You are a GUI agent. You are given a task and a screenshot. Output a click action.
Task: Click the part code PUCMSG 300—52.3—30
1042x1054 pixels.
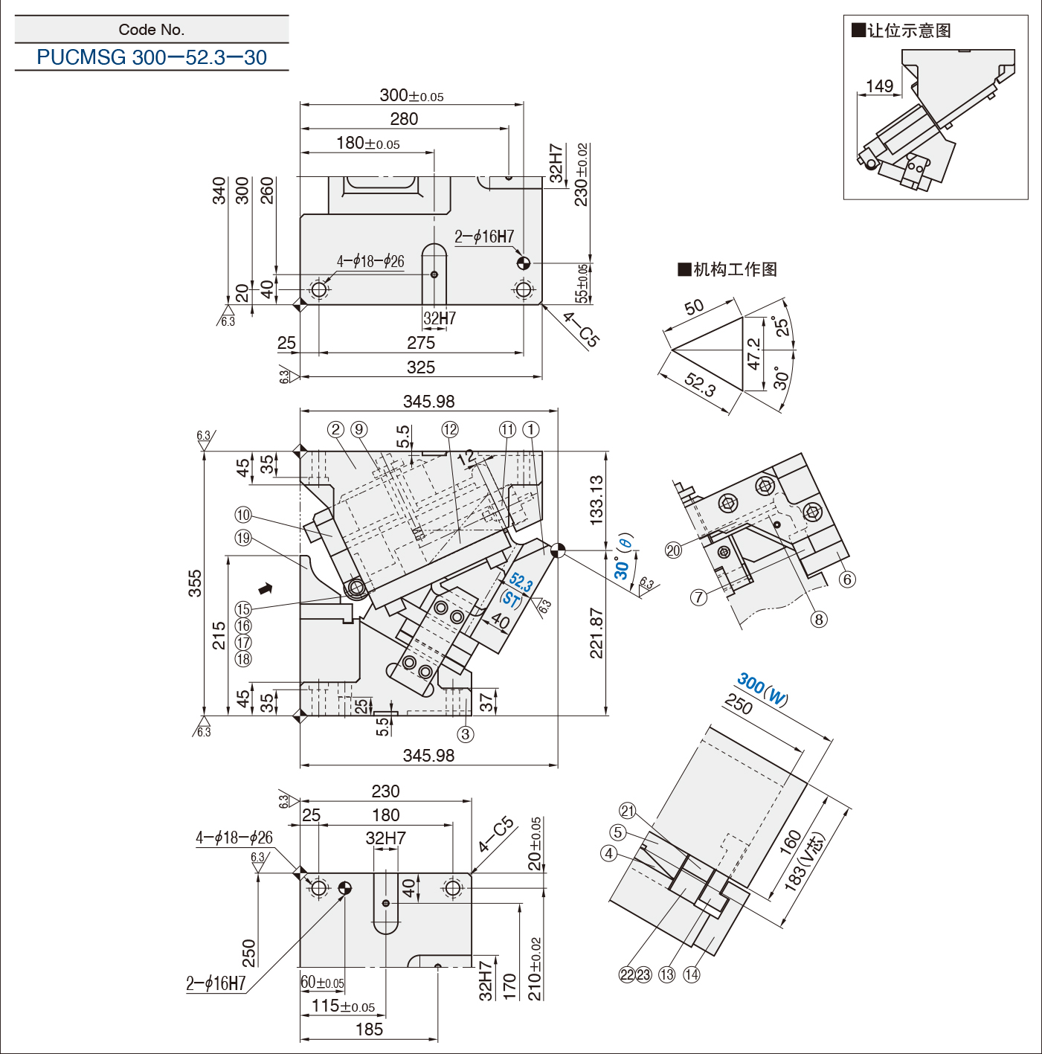[x=152, y=57]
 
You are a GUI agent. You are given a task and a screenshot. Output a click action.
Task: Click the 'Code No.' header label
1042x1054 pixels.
[x=152, y=30]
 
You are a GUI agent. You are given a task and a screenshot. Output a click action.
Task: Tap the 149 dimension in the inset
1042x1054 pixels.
[x=879, y=86]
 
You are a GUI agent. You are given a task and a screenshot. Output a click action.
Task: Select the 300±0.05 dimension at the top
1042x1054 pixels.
[x=411, y=95]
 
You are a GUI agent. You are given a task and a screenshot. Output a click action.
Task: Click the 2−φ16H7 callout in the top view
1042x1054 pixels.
[x=484, y=237]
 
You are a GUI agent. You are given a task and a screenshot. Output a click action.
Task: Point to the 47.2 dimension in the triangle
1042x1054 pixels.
[x=753, y=353]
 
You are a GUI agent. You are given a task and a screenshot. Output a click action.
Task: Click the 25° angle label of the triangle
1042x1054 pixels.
[x=781, y=327]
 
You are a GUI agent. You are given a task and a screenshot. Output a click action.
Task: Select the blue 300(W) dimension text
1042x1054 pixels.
[x=762, y=689]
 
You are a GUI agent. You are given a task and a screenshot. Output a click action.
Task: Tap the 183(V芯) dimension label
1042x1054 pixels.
[x=805, y=861]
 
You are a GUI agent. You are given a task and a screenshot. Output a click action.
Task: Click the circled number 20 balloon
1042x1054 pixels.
[x=673, y=550]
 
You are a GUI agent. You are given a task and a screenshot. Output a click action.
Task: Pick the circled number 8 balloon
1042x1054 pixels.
[x=819, y=620]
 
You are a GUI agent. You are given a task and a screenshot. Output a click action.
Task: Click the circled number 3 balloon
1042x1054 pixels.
[x=466, y=735]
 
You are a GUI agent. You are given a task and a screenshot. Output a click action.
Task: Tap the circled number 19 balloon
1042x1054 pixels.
[x=243, y=538]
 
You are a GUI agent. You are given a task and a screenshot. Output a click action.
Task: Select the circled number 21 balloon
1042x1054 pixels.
[x=628, y=812]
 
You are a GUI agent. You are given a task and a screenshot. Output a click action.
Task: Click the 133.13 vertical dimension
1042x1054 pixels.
[x=596, y=501]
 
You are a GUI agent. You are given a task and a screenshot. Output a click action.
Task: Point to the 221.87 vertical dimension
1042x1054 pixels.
[x=596, y=633]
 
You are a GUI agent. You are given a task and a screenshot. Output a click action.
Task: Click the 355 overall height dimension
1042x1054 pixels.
[x=195, y=583]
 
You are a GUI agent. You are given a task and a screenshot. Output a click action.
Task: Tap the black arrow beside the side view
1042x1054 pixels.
[x=266, y=589]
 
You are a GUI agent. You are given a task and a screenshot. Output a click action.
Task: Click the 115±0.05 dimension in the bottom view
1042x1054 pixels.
[x=343, y=1006]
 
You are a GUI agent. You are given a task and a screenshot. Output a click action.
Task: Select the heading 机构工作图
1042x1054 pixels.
[x=727, y=269]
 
